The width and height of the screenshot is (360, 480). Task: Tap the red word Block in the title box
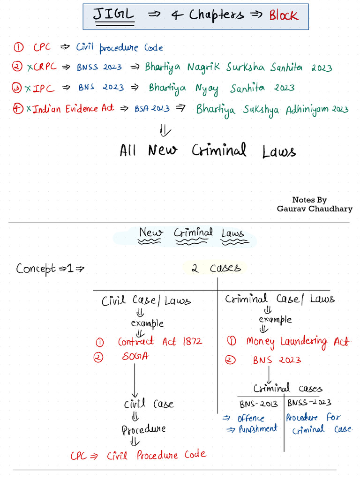(283, 15)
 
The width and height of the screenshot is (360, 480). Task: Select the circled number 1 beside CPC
(19, 47)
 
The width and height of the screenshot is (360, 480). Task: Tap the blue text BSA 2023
(152, 109)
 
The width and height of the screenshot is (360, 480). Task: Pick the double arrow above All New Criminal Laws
(165, 130)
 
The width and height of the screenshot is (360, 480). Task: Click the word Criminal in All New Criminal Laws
(219, 150)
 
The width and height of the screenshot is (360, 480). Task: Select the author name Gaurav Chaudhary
(315, 209)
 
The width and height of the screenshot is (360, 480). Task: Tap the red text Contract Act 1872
(160, 342)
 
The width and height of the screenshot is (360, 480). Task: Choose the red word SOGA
(135, 357)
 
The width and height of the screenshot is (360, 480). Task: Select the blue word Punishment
(257, 429)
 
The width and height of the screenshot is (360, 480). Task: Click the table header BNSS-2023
(309, 403)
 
